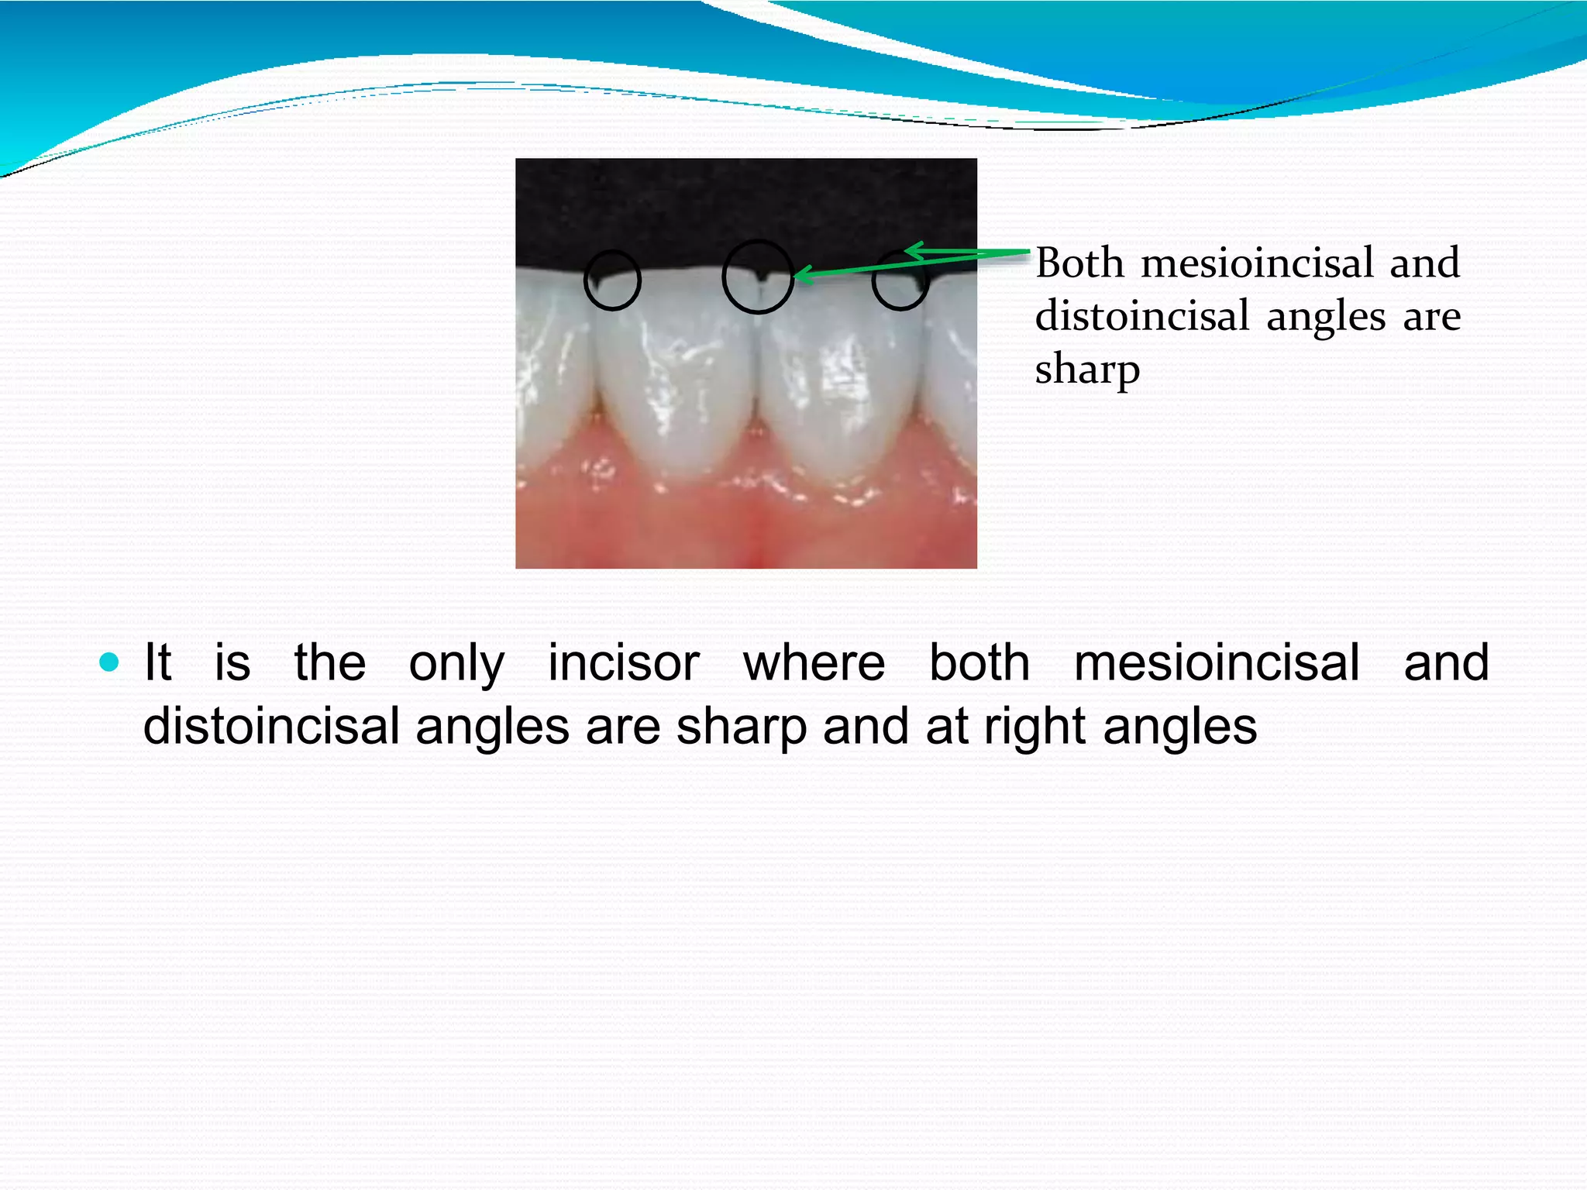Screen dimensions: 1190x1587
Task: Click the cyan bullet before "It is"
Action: click(x=109, y=662)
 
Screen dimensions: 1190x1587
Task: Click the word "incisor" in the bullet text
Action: click(x=624, y=664)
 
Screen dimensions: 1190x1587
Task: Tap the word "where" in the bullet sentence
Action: click(x=814, y=664)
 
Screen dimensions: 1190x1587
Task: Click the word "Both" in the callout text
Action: click(x=1079, y=263)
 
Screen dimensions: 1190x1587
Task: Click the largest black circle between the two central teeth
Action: click(x=758, y=277)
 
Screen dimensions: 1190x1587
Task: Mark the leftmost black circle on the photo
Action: click(x=612, y=280)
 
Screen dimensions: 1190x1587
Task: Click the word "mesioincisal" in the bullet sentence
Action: click(x=1217, y=664)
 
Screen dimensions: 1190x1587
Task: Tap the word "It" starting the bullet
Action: click(x=157, y=664)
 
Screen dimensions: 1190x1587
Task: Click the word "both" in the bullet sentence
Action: click(x=979, y=664)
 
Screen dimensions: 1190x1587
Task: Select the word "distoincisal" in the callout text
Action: click(x=1142, y=316)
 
